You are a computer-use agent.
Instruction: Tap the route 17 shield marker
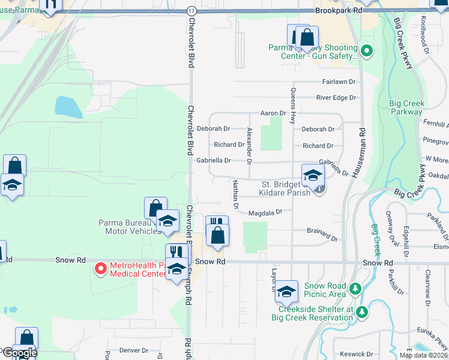pyautogui.click(x=191, y=11)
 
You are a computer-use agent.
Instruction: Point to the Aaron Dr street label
pyautogui.click(x=273, y=113)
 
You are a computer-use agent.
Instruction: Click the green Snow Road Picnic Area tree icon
pyautogui.click(x=355, y=290)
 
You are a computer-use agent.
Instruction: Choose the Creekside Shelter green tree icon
pyautogui.click(x=361, y=312)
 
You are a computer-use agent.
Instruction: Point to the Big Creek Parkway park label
pyautogui.click(x=406, y=107)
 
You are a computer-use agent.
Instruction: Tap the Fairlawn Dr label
pyautogui.click(x=339, y=81)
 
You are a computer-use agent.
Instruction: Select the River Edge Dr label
pyautogui.click(x=336, y=97)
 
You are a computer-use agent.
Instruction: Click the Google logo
pyautogui.click(x=19, y=353)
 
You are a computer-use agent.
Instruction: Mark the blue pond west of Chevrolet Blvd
pyautogui.click(x=68, y=107)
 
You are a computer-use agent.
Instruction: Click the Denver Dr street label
pyautogui.click(x=133, y=350)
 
